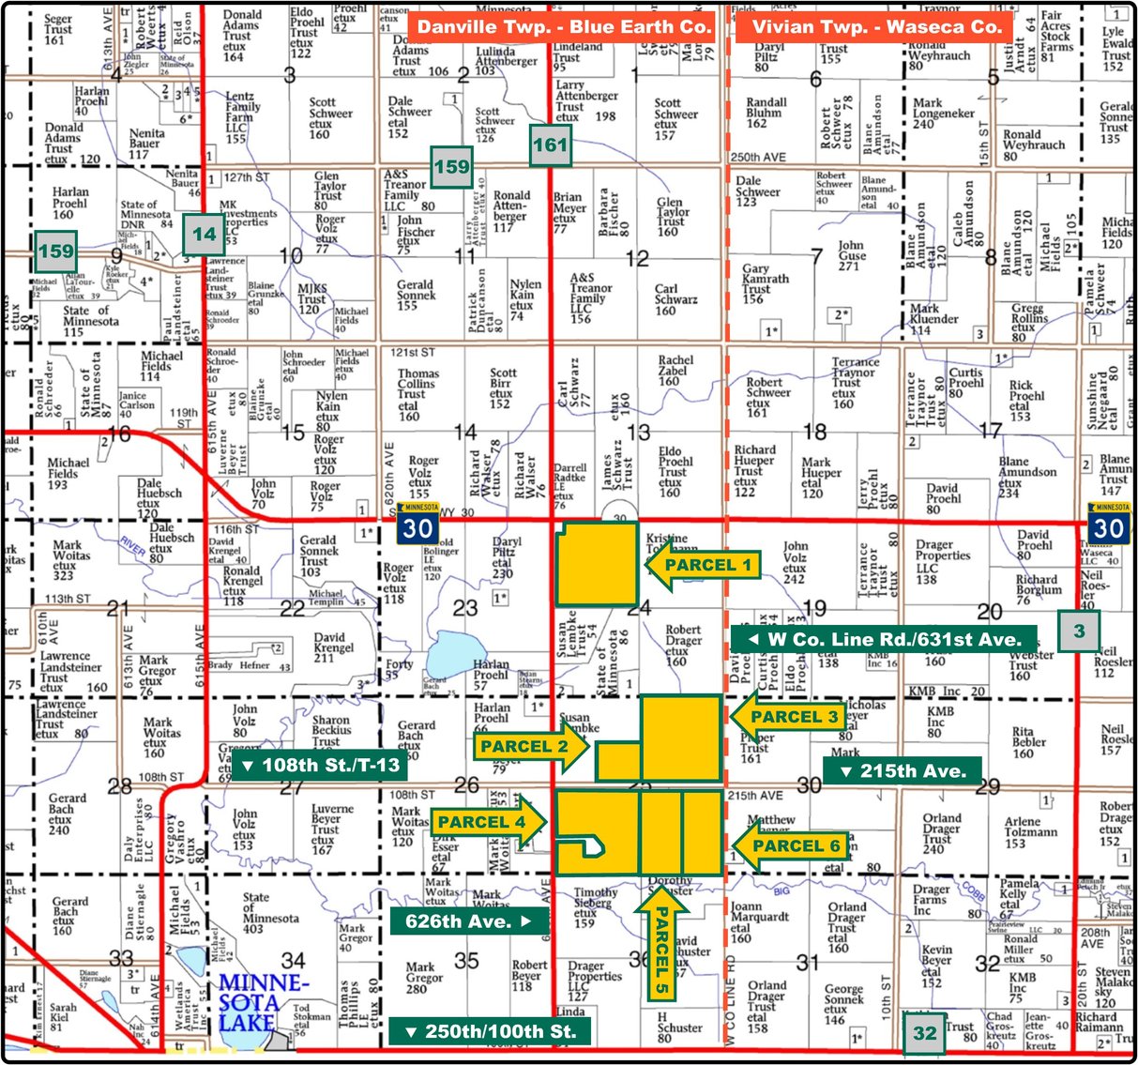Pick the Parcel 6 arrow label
click(x=788, y=846)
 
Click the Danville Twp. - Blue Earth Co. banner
click(x=564, y=26)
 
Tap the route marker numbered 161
click(x=550, y=145)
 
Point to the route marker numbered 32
click(x=925, y=1033)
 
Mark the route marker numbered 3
click(x=1079, y=631)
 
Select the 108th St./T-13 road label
click(x=320, y=765)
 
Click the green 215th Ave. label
click(x=903, y=771)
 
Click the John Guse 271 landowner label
click(x=852, y=255)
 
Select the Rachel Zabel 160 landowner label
click(x=675, y=371)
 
